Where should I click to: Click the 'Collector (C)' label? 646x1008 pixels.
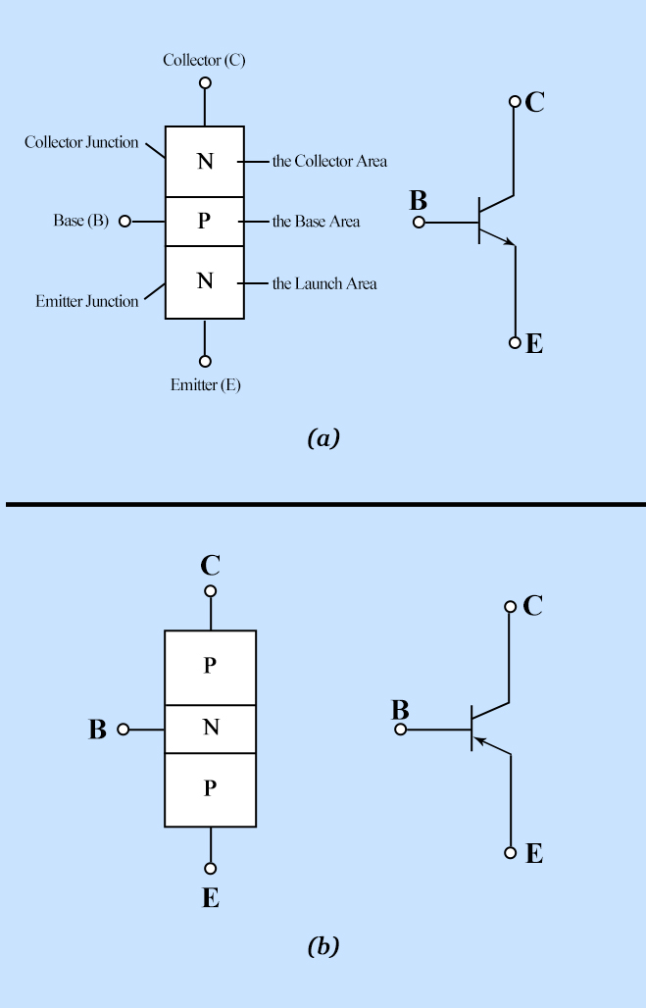click(x=204, y=60)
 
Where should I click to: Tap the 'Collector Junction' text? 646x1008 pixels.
click(x=81, y=142)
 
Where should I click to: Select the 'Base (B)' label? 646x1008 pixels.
click(x=81, y=221)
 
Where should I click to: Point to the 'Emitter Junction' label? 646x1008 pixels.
click(x=87, y=301)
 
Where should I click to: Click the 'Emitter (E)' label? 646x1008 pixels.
click(x=206, y=384)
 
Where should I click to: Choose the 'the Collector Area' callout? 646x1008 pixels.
click(x=329, y=161)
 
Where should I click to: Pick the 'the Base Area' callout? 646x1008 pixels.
click(x=316, y=222)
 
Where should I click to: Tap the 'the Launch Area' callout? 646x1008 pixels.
click(x=324, y=283)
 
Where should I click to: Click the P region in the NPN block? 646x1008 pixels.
click(x=205, y=222)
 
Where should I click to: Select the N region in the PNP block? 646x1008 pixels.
click(x=210, y=729)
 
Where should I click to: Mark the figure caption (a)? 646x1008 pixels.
click(x=323, y=437)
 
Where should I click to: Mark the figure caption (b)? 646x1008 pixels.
click(x=323, y=945)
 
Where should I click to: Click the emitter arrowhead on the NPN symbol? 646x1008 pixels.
click(x=510, y=242)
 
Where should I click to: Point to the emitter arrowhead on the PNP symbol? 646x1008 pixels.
click(x=481, y=742)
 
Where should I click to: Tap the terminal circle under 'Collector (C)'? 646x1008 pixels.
click(x=205, y=82)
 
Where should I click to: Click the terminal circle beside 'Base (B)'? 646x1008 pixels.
click(x=125, y=222)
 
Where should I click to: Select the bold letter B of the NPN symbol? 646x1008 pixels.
click(x=418, y=201)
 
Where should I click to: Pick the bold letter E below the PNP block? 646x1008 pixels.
click(x=210, y=898)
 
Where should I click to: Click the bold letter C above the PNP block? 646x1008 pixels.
click(x=210, y=566)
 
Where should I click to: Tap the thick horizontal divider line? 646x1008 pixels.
click(x=325, y=505)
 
